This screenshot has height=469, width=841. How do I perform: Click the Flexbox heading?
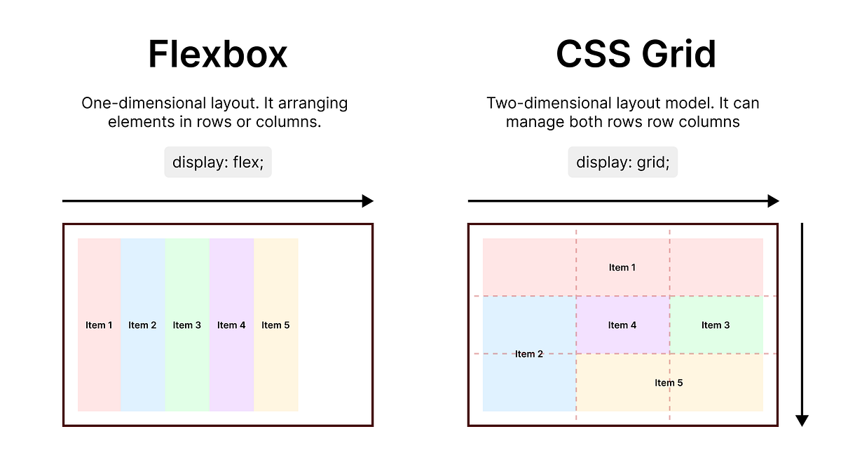[x=217, y=54]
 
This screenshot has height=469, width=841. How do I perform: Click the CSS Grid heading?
[x=636, y=54]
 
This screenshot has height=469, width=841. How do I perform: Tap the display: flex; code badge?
[x=218, y=162]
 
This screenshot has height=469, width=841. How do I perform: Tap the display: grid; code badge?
[x=622, y=162]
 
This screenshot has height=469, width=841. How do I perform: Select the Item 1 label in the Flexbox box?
[x=99, y=325]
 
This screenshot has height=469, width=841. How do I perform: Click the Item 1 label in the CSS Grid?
[x=622, y=267]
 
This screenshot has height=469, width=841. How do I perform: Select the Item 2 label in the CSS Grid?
[x=529, y=354]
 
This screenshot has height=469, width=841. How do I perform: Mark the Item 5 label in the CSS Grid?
[x=669, y=383]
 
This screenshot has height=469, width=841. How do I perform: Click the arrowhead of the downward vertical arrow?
[x=802, y=421]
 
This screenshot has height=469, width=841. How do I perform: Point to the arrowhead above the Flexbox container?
[x=367, y=201]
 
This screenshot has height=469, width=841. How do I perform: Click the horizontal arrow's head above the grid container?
[x=773, y=201]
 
